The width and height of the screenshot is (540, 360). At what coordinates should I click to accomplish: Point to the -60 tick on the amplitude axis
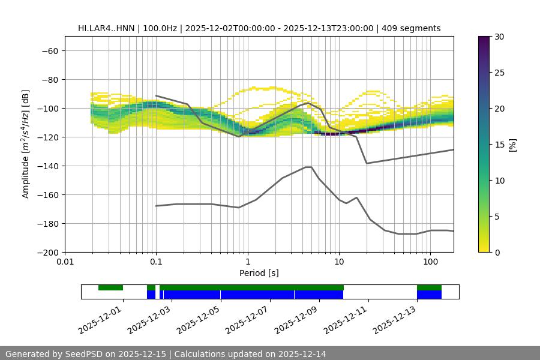[49, 50]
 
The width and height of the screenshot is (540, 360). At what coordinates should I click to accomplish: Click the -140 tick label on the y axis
[47, 166]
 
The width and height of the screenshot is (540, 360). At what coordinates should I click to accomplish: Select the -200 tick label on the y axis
[47, 252]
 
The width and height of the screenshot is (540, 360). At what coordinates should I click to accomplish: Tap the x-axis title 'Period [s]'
[259, 273]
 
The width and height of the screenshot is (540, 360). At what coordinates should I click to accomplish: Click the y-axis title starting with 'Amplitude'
[25, 144]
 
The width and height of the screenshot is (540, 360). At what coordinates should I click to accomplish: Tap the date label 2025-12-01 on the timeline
[100, 319]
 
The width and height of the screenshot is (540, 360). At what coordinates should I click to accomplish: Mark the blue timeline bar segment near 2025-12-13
[429, 295]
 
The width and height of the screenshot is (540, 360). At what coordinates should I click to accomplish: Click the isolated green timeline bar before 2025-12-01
[110, 287]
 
